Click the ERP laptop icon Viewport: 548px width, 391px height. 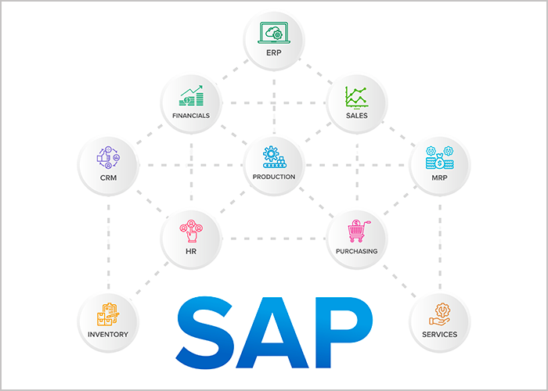273,33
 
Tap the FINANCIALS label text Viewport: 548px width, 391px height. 191,116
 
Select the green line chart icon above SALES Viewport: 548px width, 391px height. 357,97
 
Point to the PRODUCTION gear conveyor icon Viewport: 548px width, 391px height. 273,156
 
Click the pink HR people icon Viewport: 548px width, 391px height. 191,232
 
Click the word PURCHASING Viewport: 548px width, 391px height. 357,252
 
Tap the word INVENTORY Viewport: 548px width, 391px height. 108,335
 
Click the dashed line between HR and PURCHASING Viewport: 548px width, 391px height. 274,239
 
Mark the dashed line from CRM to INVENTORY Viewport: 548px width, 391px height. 108,242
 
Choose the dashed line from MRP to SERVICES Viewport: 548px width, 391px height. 439,242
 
